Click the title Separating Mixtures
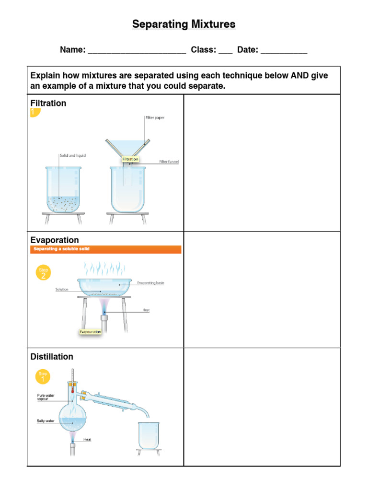pyautogui.click(x=184, y=24)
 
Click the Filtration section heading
pyautogui.click(x=48, y=103)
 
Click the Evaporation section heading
pyautogui.click(x=55, y=240)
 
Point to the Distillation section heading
pyautogui.click(x=52, y=356)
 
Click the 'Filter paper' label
pyautogui.click(x=155, y=117)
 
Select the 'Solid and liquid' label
pyautogui.click(x=72, y=156)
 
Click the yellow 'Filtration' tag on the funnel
pyautogui.click(x=130, y=159)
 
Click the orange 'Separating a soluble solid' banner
pyautogui.click(x=105, y=249)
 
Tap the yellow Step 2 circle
pyautogui.click(x=43, y=272)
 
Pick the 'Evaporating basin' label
pyautogui.click(x=150, y=283)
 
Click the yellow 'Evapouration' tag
pyautogui.click(x=91, y=331)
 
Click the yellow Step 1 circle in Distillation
pyautogui.click(x=43, y=375)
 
